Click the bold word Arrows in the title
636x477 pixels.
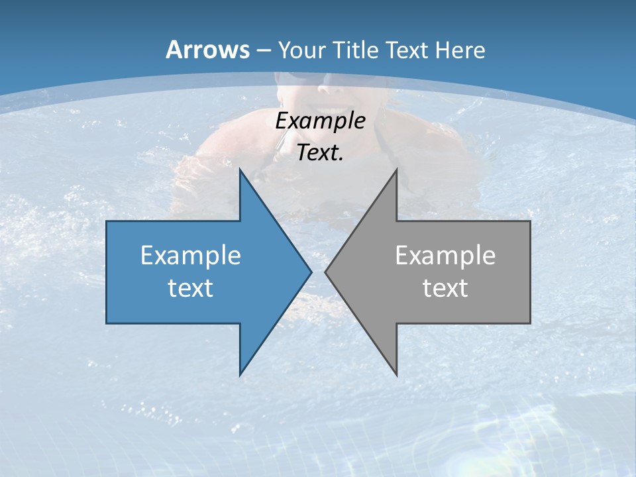pos(208,50)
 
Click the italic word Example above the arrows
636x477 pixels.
pos(320,121)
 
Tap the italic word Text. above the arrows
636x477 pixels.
pos(320,152)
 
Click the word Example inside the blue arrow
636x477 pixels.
pos(191,255)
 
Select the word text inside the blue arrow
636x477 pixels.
pos(191,288)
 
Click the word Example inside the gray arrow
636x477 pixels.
pos(445,255)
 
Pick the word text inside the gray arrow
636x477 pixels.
pos(445,288)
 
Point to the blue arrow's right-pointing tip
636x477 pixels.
pos(311,272)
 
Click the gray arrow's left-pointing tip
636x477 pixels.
pos(326,272)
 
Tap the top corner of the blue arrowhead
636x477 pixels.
pos(240,170)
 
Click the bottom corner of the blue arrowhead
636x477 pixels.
pos(240,375)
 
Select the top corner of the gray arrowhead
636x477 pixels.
pos(396,170)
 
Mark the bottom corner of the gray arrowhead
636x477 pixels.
pos(396,375)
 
